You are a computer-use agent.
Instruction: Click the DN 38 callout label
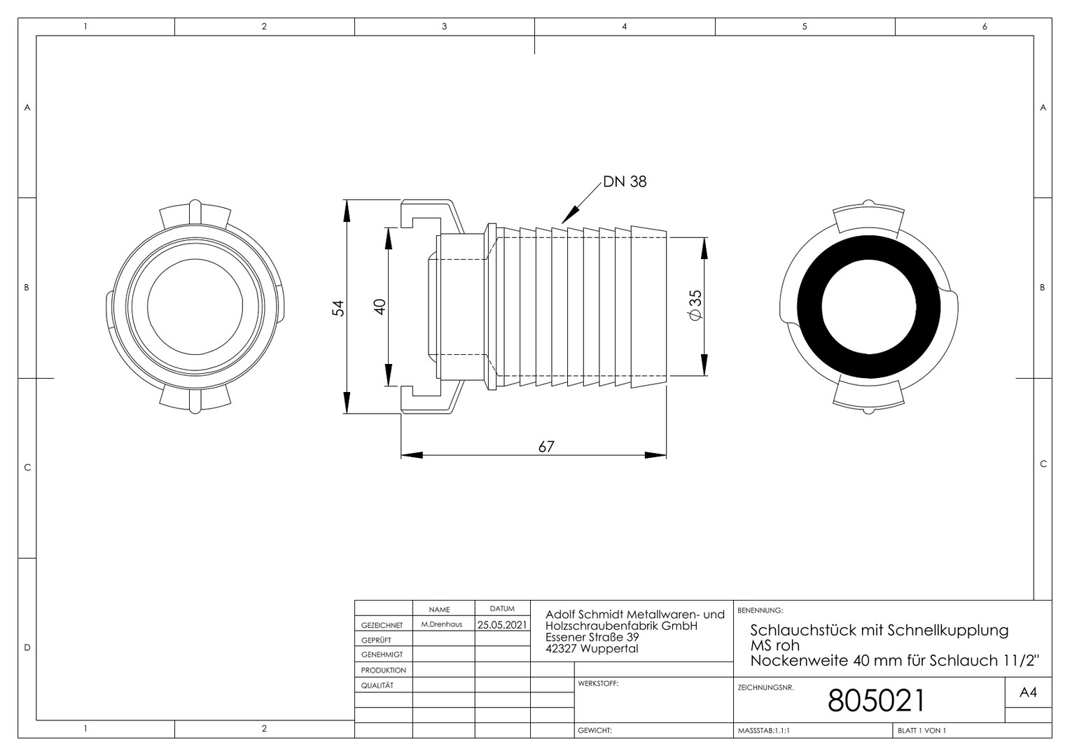(625, 182)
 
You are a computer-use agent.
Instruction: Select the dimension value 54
(338, 308)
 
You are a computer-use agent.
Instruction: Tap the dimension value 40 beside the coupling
(380, 307)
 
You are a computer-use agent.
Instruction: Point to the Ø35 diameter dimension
(695, 305)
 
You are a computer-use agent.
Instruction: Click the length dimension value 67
(546, 447)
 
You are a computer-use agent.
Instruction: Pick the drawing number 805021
(876, 701)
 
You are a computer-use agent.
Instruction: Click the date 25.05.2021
(502, 624)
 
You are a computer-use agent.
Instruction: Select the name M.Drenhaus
(441, 624)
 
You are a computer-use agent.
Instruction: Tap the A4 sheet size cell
(1028, 692)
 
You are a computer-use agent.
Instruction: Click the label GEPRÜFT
(376, 640)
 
